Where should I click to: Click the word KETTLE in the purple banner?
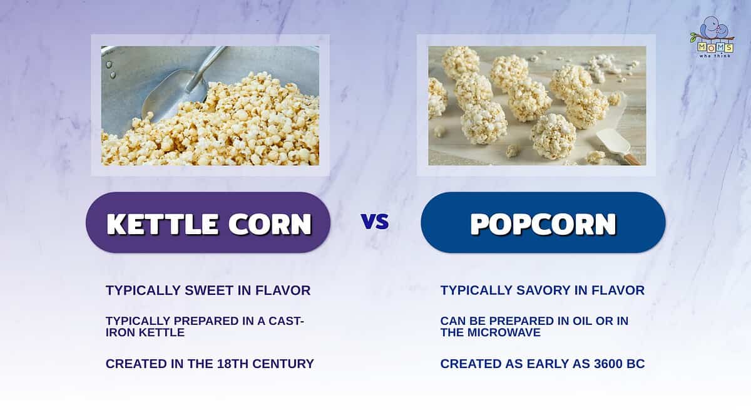pyautogui.click(x=163, y=223)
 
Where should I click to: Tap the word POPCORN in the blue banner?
pyautogui.click(x=543, y=223)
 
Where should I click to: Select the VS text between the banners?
pyautogui.click(x=375, y=221)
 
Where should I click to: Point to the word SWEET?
pyautogui.click(x=209, y=290)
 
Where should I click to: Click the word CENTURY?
pyautogui.click(x=283, y=364)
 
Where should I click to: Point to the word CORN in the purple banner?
pyautogui.click(x=270, y=223)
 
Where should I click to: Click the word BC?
pyautogui.click(x=636, y=364)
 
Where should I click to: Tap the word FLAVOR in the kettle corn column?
pyautogui.click(x=283, y=290)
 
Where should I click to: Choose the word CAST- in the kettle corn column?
pyautogui.click(x=287, y=321)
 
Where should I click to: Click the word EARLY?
pyautogui.click(x=548, y=364)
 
